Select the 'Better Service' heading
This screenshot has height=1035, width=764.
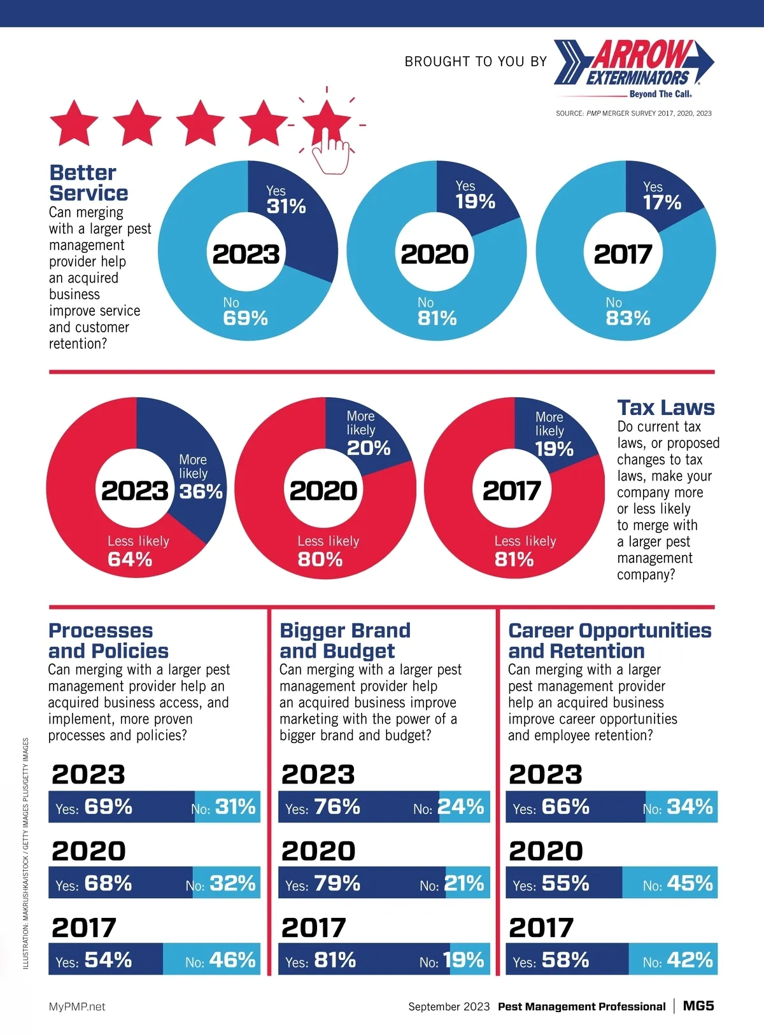pos(88,183)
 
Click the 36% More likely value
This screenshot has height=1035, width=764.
pos(201,491)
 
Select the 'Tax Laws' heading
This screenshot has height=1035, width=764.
pos(666,407)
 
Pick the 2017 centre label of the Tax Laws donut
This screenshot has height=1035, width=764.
pos(512,491)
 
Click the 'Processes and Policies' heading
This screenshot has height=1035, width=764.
pos(108,640)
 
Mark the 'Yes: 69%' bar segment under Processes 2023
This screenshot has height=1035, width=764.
pos(121,807)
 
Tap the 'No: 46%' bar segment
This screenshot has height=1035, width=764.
pos(212,959)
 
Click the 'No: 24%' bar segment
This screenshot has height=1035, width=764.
pos(464,807)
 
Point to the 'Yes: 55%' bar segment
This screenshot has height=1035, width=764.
pos(563,883)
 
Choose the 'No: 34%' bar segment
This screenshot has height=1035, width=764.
pos(681,807)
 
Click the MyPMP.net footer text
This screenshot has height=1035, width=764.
pos(77,1006)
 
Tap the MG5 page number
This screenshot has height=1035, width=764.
pos(698,1006)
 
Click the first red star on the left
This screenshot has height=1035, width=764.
pos(74,122)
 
